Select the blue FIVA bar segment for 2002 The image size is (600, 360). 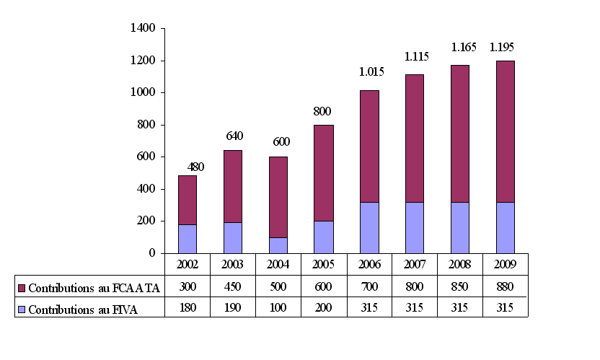[x=187, y=239]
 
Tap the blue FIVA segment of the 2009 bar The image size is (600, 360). [x=505, y=227]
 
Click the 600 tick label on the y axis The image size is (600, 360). [x=146, y=157]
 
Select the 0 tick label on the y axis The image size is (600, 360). [x=152, y=253]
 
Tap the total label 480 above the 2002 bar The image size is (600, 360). [x=195, y=167]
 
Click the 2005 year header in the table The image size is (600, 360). [x=324, y=264]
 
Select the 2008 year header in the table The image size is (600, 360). [x=460, y=264]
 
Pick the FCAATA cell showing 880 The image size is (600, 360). [x=505, y=286]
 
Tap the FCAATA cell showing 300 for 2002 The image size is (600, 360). [x=187, y=286]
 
